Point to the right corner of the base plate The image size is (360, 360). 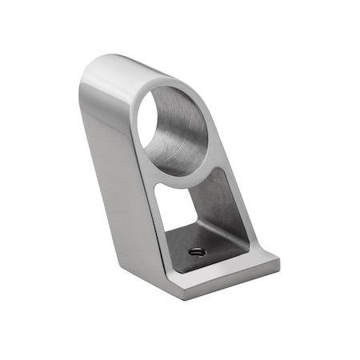(x=279, y=261)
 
